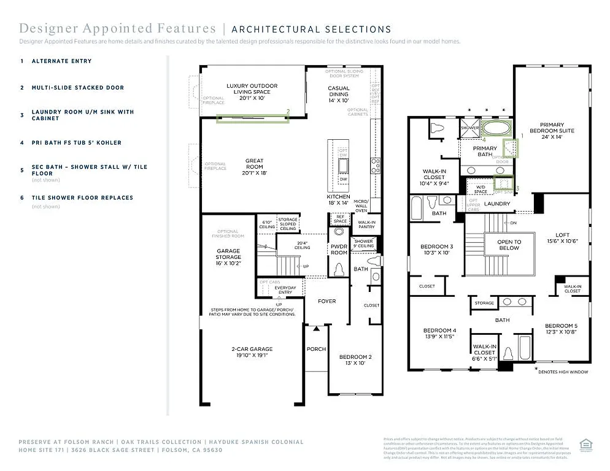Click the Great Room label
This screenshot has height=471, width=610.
pos(254,163)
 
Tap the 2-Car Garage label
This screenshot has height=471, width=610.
pos(252,351)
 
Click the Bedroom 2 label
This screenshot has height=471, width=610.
pos(355,359)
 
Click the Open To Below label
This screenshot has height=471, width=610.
pos(509,245)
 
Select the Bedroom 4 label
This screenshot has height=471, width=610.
pos(439,333)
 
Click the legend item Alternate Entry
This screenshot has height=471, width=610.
pos(61,61)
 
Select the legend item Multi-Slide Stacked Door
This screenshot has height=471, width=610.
pos(77,88)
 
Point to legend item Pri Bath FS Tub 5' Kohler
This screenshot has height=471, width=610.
pos(76,143)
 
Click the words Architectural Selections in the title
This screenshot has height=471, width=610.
pos(311,29)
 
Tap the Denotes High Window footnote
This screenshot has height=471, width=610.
pos(563,372)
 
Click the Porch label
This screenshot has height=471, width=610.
pos(316,349)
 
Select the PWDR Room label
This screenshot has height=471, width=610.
pos(339,250)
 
